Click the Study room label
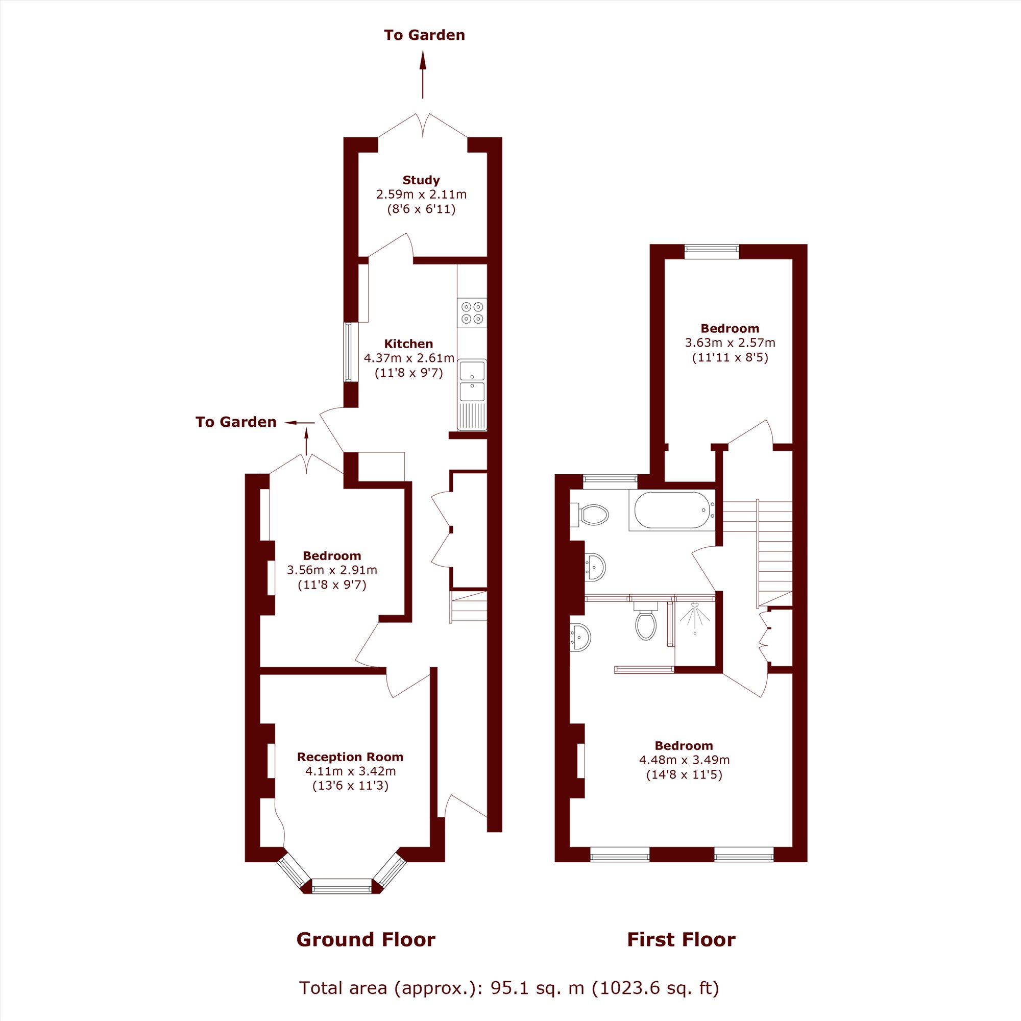[x=421, y=180]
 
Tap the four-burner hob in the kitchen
[x=472, y=312]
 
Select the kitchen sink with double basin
[x=472, y=394]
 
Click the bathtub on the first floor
[x=672, y=510]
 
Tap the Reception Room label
[x=350, y=757]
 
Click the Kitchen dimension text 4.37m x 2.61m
[x=409, y=358]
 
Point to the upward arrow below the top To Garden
[x=423, y=75]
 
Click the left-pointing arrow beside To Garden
[x=300, y=422]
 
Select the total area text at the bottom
[x=509, y=988]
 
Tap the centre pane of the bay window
[x=342, y=886]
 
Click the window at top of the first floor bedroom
[x=712, y=251]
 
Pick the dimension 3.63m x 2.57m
[x=731, y=343]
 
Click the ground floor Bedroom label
[x=332, y=555]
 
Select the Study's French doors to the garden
[x=423, y=126]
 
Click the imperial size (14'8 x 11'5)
[x=685, y=775]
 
